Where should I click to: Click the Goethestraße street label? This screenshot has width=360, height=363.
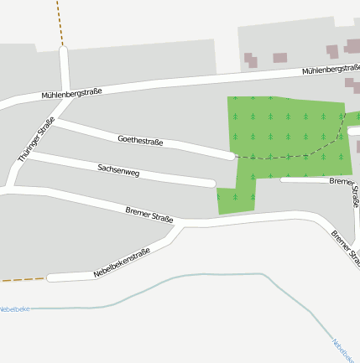140,140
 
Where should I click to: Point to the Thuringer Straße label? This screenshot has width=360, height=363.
36,139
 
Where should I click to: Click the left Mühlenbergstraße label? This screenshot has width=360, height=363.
71,91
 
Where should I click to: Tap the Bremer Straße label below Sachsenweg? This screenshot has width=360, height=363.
149,215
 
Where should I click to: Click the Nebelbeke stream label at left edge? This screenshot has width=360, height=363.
14,309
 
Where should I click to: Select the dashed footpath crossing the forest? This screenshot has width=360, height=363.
285,157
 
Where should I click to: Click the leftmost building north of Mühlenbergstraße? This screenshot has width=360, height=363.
251,60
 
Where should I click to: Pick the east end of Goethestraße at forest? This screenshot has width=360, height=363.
230,155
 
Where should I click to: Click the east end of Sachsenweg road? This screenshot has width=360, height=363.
211,183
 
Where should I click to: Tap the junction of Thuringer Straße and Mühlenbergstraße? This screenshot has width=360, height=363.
64,98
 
